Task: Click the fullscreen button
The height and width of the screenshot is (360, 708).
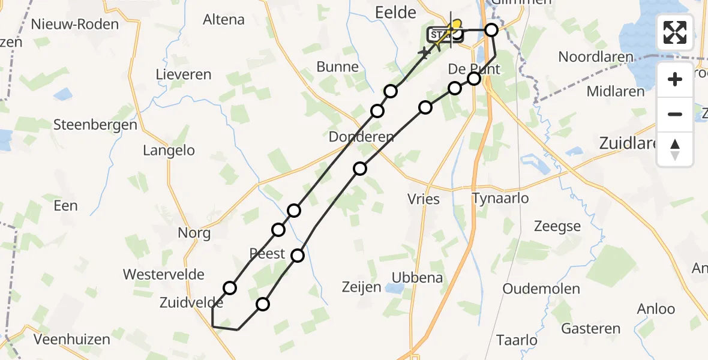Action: pos(675,32)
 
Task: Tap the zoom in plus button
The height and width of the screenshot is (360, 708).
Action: pos(675,79)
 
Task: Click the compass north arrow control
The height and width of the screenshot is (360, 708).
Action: pos(675,149)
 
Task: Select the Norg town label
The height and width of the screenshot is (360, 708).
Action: pos(194,233)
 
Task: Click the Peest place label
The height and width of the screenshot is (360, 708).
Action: pos(267,253)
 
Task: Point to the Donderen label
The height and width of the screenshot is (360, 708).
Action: pos(361,137)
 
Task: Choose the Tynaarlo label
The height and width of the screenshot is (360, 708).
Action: pos(500,198)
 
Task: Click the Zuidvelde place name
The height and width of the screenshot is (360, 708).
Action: pos(191,302)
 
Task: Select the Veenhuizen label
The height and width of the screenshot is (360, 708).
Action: pos(72,340)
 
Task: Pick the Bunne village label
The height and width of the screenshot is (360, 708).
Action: pos(337,67)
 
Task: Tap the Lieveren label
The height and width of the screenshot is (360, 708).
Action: pos(184,74)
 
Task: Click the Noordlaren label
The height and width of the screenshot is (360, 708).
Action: pos(596,57)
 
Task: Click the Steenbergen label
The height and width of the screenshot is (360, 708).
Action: pos(95,125)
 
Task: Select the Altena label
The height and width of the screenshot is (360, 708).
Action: pos(224,19)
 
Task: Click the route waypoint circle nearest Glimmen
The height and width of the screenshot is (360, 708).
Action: pos(491,30)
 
